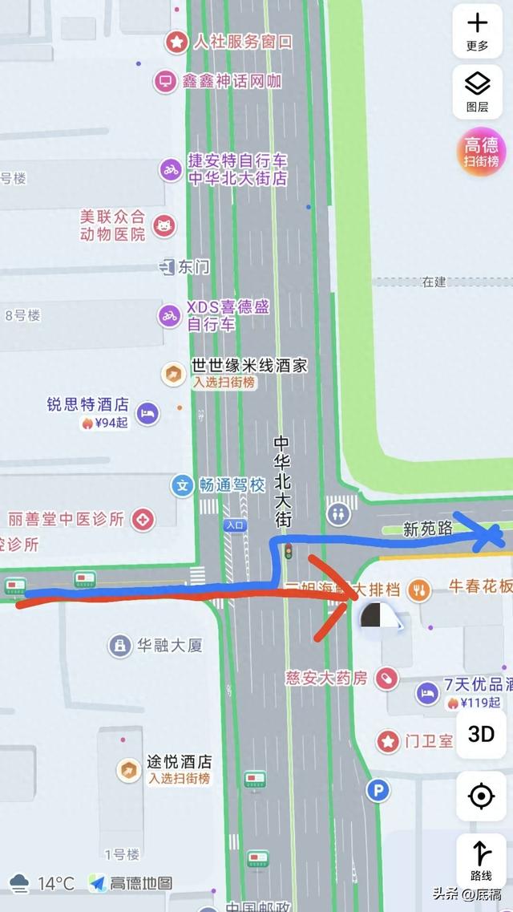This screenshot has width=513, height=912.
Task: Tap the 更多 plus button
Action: tap(478, 30)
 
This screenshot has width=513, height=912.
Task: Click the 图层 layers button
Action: tap(478, 90)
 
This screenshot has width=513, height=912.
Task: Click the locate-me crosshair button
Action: tap(481, 796)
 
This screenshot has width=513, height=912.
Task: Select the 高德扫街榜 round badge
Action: tap(482, 151)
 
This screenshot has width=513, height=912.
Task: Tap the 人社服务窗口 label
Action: tap(241, 42)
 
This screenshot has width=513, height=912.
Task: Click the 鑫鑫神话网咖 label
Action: tap(229, 81)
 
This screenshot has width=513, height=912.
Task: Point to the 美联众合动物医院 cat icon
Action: tap(164, 225)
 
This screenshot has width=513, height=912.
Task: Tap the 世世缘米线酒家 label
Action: tap(238, 366)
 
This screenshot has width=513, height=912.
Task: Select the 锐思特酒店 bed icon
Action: tap(147, 414)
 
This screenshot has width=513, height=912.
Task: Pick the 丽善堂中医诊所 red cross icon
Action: tap(143, 519)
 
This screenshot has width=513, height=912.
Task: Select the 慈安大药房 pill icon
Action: tap(386, 678)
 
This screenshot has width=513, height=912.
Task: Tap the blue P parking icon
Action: tap(378, 792)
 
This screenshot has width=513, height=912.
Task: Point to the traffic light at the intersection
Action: tap(289, 551)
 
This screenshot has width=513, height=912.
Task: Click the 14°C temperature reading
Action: tap(55, 883)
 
